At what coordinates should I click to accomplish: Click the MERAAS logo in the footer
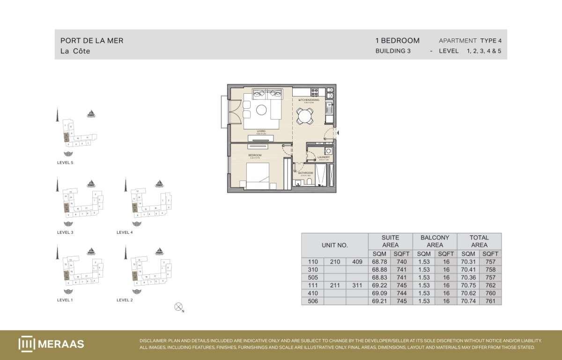(x=51, y=344)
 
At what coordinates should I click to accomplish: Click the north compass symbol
(x=178, y=307)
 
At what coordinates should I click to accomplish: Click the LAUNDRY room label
(x=324, y=157)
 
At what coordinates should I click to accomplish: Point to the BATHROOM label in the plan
(x=305, y=173)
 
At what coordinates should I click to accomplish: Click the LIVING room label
(x=261, y=131)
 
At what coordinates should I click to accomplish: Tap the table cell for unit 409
(x=357, y=262)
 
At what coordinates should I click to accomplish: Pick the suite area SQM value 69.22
(x=379, y=285)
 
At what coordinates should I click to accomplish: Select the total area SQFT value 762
(x=490, y=285)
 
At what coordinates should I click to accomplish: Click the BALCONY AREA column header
(x=435, y=241)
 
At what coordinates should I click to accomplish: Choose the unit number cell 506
(x=313, y=301)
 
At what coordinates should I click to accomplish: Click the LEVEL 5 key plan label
(x=65, y=163)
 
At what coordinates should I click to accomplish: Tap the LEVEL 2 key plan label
(x=125, y=300)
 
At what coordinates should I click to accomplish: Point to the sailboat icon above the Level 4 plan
(x=160, y=183)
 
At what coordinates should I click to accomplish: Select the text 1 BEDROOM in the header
(x=397, y=41)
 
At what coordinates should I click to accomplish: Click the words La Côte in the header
(x=75, y=51)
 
